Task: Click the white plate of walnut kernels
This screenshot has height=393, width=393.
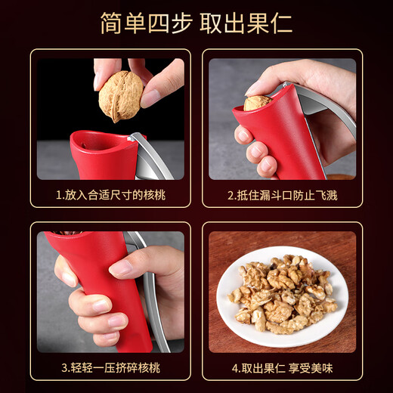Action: (x=281, y=296)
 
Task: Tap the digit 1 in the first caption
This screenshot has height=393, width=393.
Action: (x=59, y=195)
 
